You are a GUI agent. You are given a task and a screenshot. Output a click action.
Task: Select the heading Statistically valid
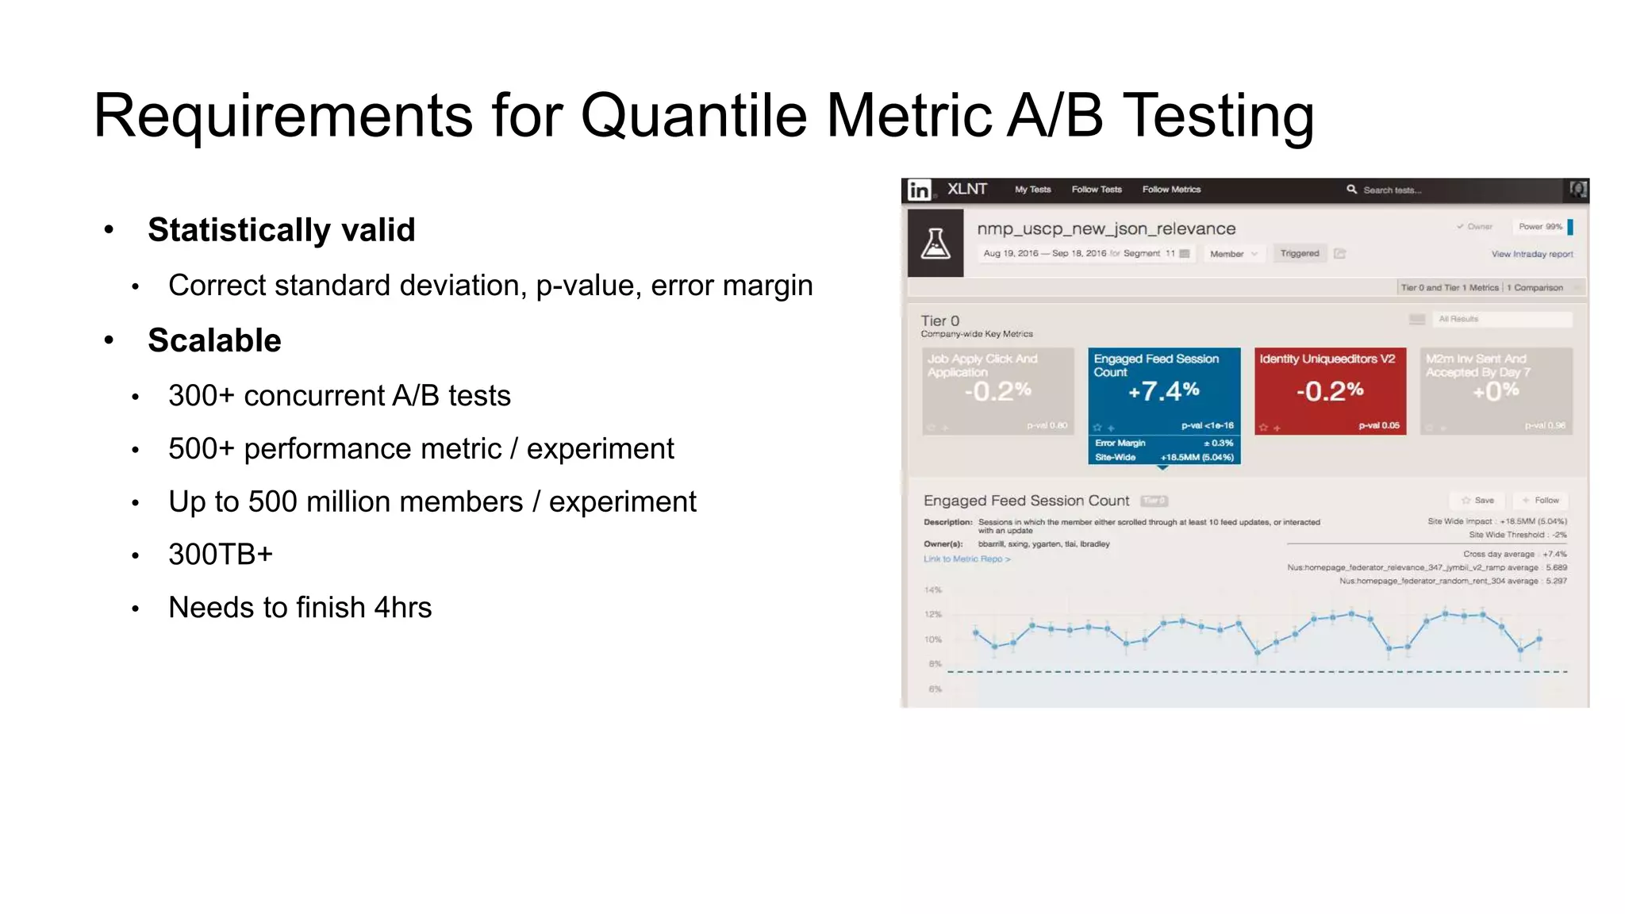281,230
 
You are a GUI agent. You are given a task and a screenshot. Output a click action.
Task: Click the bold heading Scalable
214,340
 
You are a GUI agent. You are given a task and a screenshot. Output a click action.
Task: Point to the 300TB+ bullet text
221,554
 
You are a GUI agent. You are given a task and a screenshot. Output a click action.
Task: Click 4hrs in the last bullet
402,607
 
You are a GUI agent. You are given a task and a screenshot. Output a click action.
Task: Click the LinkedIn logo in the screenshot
919,190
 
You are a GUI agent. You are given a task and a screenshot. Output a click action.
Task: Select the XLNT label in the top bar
966,189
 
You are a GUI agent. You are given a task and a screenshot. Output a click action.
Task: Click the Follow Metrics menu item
1171,190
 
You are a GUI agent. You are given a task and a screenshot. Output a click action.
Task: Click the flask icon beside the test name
935,243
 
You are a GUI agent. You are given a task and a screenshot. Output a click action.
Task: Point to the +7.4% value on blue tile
1163,390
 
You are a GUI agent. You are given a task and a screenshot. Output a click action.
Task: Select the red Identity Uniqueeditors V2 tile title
1327,359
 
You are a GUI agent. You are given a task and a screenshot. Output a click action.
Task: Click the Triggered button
1299,254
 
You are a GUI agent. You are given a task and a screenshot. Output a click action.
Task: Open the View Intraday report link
1531,254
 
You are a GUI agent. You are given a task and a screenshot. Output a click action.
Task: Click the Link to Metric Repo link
966,559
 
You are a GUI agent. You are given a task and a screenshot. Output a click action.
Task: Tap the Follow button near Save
1541,501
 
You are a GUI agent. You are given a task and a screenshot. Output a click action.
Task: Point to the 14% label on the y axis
932,590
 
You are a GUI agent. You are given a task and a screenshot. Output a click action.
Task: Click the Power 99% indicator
1540,227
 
